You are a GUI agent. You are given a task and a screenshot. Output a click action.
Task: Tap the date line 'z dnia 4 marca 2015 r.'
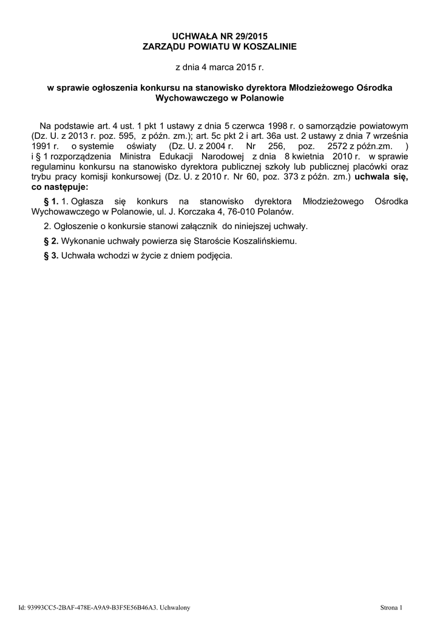pos(220,67)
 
